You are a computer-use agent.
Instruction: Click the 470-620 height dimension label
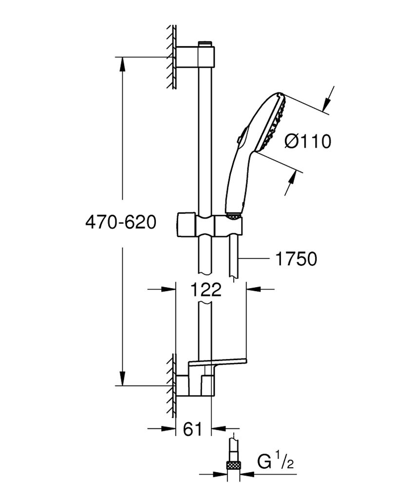[120, 222]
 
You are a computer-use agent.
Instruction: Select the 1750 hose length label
[296, 259]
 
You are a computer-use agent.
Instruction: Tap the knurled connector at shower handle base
[234, 215]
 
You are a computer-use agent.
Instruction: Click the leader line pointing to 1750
[256, 258]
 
